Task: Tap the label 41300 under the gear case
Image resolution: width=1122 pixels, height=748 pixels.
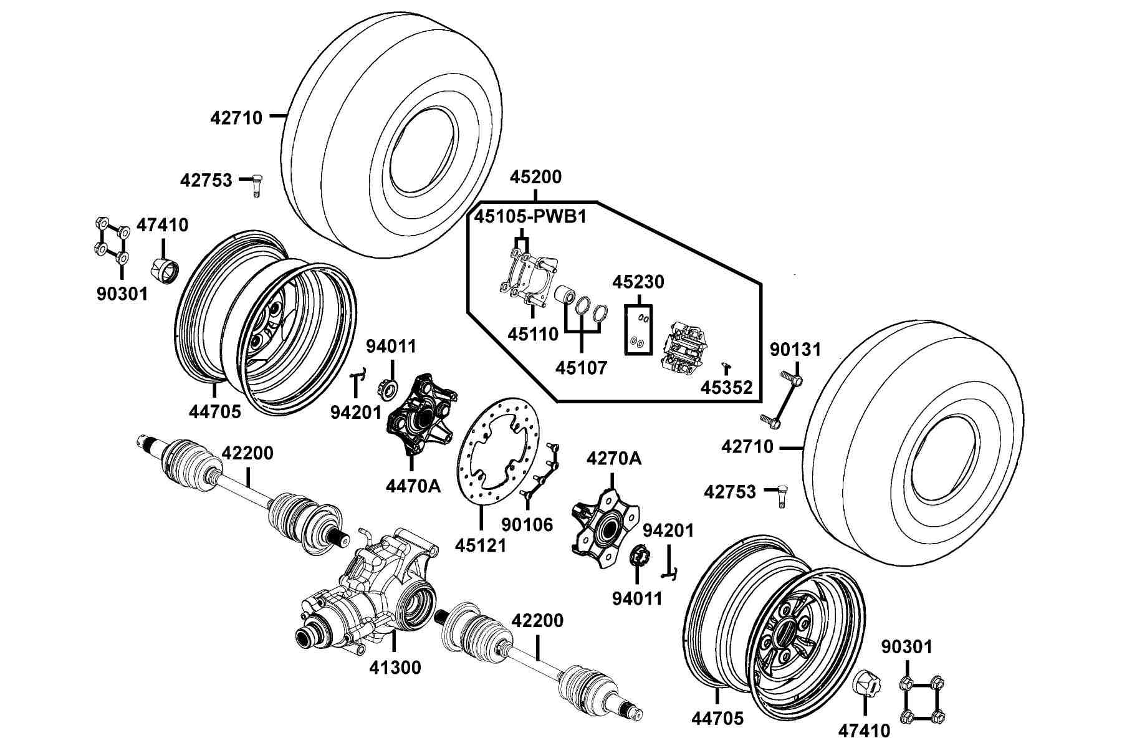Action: tap(395, 668)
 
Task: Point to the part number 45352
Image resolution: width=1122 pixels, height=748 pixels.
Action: tap(727, 388)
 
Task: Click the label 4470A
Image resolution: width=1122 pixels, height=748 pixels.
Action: tap(413, 486)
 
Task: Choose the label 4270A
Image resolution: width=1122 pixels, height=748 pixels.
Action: tap(614, 459)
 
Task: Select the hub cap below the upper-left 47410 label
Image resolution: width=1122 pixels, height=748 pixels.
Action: tap(165, 272)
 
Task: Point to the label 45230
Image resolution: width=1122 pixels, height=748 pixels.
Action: tap(638, 282)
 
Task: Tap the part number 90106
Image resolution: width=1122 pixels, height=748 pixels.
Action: tap(527, 525)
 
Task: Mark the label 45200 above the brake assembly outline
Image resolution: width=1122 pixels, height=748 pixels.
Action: tap(535, 177)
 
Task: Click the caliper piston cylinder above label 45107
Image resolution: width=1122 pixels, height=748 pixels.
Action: tap(565, 294)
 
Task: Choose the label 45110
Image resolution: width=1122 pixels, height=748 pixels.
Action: tap(533, 334)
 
